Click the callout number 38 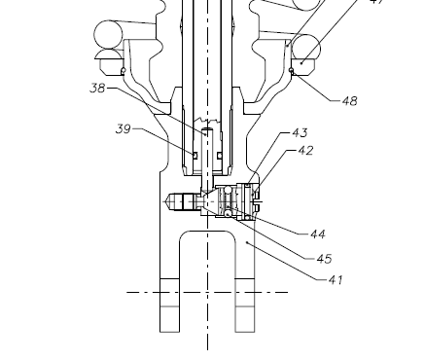coord(97,88)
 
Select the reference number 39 coord(124,129)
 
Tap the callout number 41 coord(336,279)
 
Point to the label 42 coord(305,151)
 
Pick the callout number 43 coord(300,132)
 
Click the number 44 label coord(318,234)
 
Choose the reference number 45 coord(324,259)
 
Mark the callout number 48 coord(349,101)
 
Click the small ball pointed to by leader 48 coord(291,70)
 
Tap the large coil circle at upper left coord(108,34)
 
